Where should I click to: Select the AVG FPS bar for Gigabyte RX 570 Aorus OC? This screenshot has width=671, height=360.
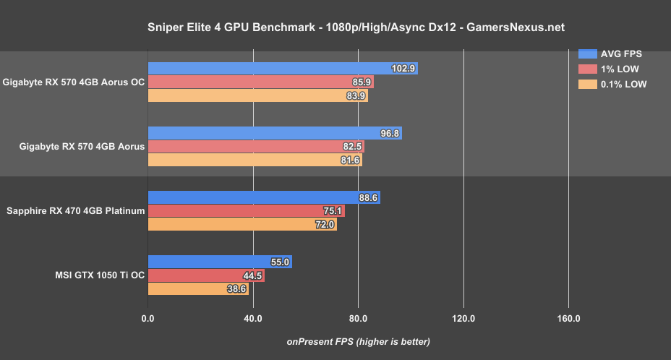(283, 69)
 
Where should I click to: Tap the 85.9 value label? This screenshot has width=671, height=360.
(361, 82)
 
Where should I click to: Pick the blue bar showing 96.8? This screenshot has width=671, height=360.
(275, 133)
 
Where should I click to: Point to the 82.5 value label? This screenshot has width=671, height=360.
(352, 147)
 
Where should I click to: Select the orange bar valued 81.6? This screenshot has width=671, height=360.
(255, 160)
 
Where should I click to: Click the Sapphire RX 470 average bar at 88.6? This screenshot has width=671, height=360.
(264, 197)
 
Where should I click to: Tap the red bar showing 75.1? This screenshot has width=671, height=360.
(246, 211)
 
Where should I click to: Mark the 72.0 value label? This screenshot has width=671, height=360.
(325, 225)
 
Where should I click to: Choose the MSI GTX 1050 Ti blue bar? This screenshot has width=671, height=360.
(220, 262)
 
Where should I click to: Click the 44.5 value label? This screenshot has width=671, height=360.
(252, 275)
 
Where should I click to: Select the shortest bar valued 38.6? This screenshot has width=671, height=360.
(198, 289)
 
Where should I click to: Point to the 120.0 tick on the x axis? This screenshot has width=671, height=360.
(463, 319)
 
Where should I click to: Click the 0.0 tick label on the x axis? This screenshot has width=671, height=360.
(148, 319)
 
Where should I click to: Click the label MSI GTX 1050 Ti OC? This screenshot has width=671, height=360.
(100, 275)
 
